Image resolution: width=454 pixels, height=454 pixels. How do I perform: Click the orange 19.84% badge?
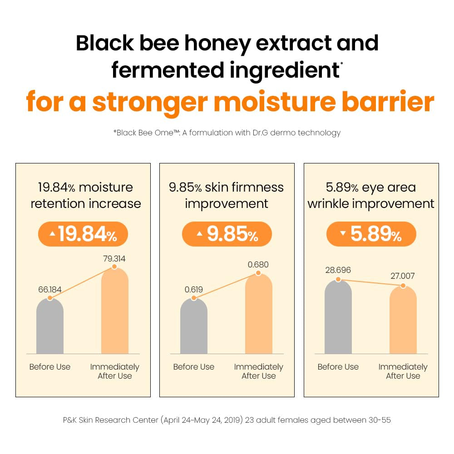[83, 234]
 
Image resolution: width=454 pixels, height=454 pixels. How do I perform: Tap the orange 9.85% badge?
[227, 234]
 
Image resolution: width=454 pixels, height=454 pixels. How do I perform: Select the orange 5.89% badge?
[371, 234]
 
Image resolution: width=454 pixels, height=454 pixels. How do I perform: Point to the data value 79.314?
[114, 259]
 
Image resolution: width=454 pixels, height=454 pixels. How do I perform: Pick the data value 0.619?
[194, 289]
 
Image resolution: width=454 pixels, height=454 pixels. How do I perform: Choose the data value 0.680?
[258, 265]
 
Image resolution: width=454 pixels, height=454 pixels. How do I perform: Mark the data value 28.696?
[338, 271]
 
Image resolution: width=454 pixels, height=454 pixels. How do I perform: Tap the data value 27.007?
[403, 276]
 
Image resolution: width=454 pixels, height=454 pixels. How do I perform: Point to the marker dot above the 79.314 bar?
[114, 267]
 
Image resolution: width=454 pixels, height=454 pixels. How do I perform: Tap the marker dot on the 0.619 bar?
[194, 298]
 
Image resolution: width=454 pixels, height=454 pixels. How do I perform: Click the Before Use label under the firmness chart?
[194, 367]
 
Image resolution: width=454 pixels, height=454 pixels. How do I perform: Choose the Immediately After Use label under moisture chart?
[114, 371]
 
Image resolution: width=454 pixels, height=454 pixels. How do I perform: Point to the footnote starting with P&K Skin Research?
[227, 420]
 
